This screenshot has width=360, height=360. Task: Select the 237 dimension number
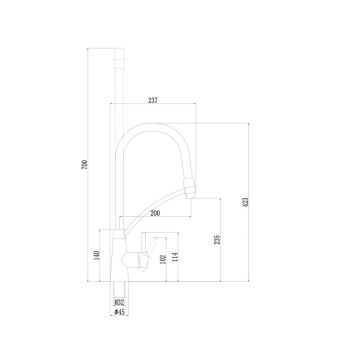click(151, 100)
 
